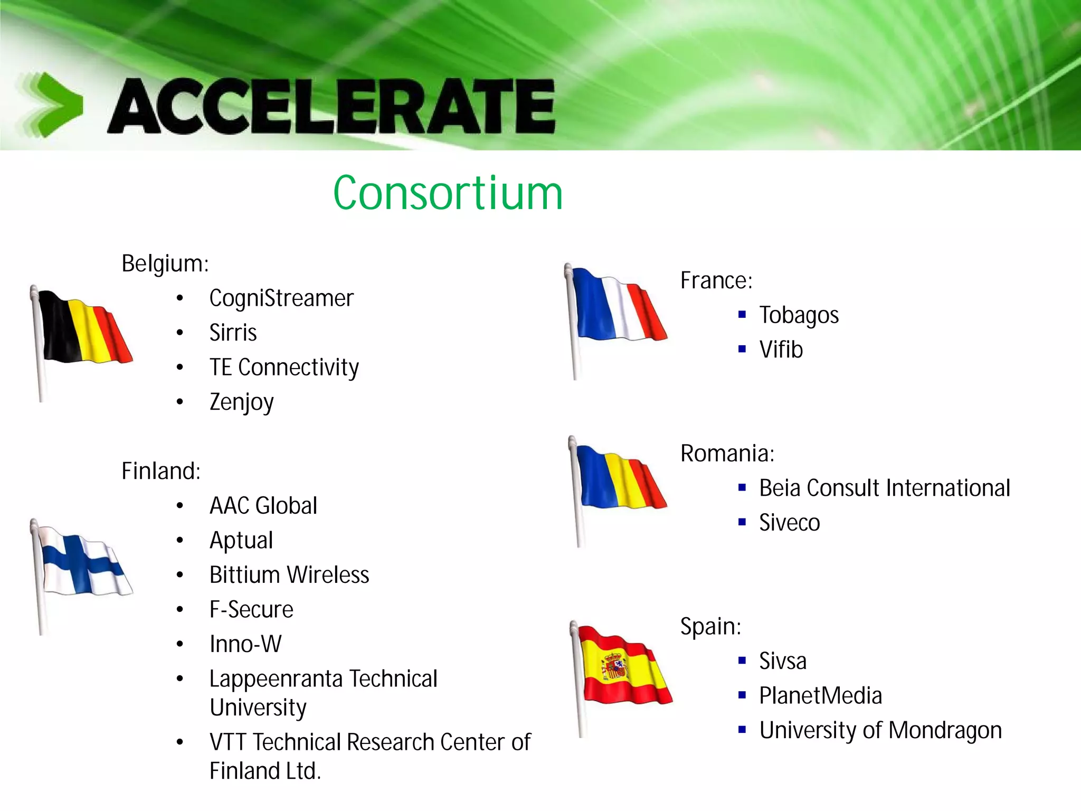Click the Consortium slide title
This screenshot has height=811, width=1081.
tap(448, 193)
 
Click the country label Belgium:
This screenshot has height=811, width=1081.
tap(165, 263)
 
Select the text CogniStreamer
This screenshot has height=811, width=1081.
tap(281, 299)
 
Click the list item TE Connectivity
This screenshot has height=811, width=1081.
tap(284, 367)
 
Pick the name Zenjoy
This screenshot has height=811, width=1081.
tap(241, 402)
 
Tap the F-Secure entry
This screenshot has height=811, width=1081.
tap(251, 610)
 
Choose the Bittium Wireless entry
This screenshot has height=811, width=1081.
tap(289, 575)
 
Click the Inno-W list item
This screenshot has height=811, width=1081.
tap(245, 644)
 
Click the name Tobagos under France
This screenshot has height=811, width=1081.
tap(799, 316)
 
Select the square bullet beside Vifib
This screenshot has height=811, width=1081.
tap(742, 349)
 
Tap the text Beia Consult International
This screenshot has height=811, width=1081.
tap(885, 488)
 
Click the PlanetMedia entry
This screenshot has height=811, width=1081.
tap(820, 696)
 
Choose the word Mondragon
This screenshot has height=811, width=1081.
tap(945, 731)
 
